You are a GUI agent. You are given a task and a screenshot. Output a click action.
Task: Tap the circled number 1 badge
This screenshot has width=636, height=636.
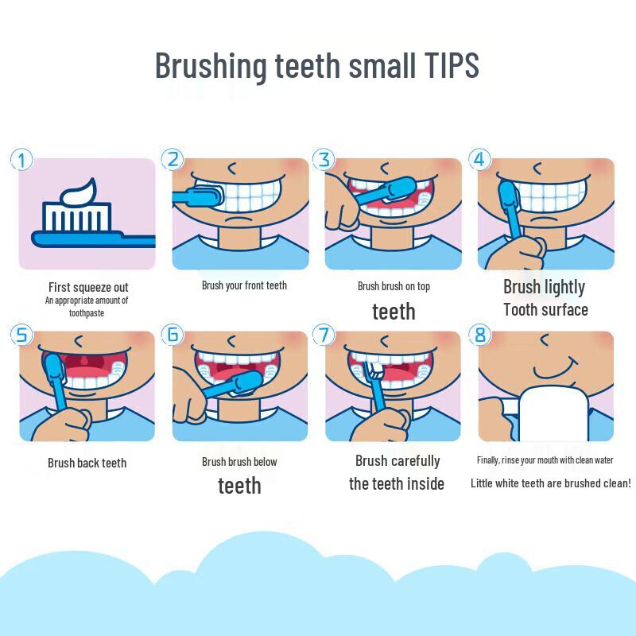click(21, 160)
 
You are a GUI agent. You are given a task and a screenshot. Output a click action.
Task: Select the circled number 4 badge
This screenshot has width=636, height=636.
click(480, 159)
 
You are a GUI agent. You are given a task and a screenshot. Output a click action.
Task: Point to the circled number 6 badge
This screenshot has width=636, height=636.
click(173, 335)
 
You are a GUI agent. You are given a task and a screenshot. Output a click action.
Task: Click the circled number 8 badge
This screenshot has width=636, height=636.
click(480, 335)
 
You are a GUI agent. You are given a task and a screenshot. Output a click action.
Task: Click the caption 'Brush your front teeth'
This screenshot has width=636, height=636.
click(244, 285)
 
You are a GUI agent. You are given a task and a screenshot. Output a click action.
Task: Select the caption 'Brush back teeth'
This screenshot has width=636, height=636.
click(87, 463)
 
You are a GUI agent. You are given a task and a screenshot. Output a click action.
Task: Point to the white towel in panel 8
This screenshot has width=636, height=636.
click(554, 413)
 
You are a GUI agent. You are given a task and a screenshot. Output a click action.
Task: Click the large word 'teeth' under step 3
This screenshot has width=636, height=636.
click(394, 312)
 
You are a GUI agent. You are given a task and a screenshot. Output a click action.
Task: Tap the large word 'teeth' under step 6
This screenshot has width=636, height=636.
click(239, 486)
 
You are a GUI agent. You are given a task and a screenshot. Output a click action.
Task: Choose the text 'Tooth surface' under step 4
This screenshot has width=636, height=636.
click(545, 310)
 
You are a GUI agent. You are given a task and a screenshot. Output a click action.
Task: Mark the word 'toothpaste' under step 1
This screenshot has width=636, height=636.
click(87, 313)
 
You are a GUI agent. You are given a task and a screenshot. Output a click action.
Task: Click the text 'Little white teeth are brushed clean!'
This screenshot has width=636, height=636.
click(550, 483)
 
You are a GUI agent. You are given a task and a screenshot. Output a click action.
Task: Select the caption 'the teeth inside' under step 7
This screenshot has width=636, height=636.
click(397, 484)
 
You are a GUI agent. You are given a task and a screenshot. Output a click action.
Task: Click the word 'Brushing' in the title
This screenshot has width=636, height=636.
click(211, 66)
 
